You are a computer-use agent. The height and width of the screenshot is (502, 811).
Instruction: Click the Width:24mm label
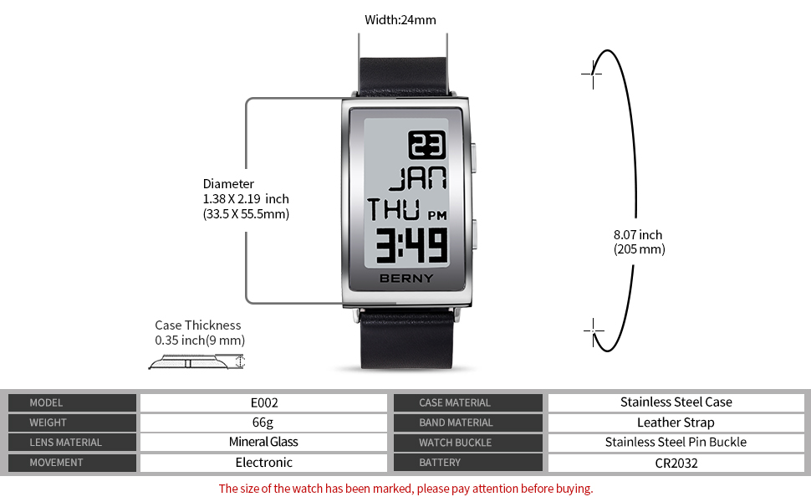coord(400,20)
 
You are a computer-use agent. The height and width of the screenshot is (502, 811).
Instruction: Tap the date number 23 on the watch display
coord(426,146)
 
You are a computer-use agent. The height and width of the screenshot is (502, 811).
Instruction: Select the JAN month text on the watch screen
coord(417,179)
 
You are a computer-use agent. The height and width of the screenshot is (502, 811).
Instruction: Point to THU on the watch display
coord(395,208)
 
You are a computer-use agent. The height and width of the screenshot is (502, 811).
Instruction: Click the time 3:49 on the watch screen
coord(411,245)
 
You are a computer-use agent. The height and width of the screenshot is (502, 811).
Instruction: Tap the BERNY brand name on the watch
coord(406,279)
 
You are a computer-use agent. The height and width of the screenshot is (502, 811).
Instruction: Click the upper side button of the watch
coord(472,156)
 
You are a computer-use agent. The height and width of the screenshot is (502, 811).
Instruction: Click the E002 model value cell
coord(263,402)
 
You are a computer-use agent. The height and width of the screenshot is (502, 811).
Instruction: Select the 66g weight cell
coord(263,423)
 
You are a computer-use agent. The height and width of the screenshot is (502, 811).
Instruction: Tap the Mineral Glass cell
coord(263,442)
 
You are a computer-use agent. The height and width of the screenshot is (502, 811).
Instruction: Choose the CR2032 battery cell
coord(676,463)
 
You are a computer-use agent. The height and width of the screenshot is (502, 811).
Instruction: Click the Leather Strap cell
coord(676,423)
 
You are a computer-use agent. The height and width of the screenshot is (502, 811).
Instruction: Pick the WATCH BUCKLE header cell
coord(455,443)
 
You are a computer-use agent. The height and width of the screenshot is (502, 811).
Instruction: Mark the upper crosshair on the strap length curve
coord(592,73)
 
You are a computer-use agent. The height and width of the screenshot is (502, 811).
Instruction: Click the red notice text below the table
coord(405,489)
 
